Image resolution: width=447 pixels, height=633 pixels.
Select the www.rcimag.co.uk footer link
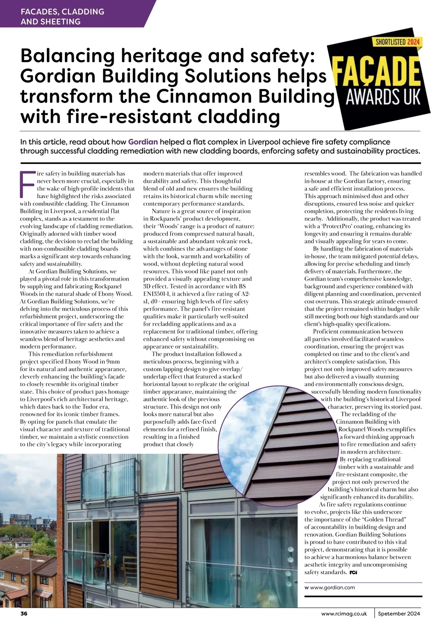(x=344, y=614)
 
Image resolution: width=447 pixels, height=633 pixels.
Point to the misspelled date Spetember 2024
(x=399, y=614)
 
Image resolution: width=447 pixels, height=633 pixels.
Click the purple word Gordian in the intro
(x=143, y=142)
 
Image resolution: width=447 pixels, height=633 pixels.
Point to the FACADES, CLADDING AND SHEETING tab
(x=62, y=16)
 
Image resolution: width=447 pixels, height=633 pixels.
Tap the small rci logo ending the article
(x=353, y=572)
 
